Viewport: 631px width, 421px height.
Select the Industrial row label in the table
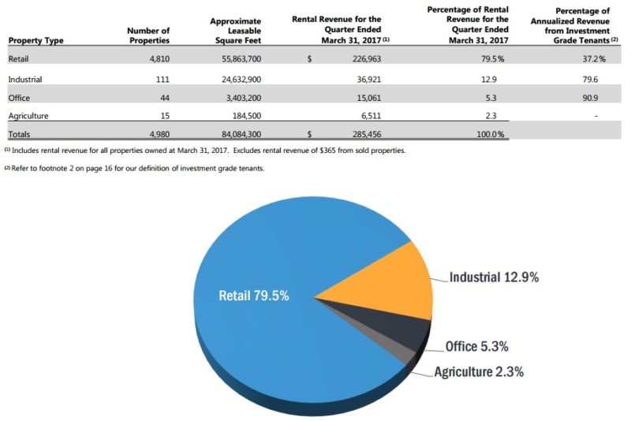tap(24, 80)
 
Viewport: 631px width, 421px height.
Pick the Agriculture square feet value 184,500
tap(245, 116)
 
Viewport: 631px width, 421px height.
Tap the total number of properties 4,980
tap(156, 135)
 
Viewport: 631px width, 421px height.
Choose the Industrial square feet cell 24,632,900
tap(234, 80)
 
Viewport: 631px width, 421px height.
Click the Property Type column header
tap(36, 40)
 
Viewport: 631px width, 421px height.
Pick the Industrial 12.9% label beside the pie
tap(494, 277)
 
